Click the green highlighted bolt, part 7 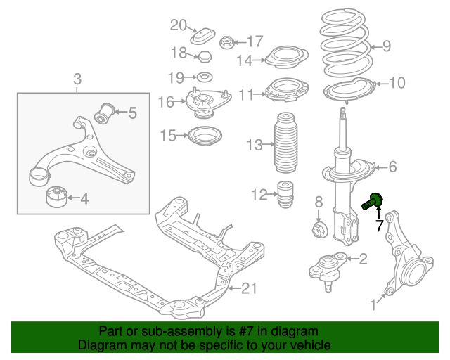373,202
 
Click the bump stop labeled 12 285,195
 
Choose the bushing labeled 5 105,112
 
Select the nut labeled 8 319,229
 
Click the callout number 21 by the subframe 250,288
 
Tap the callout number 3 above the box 77,79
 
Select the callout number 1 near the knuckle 374,304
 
